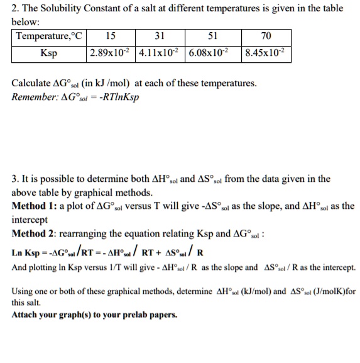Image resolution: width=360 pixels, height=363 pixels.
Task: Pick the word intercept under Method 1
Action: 31,220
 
